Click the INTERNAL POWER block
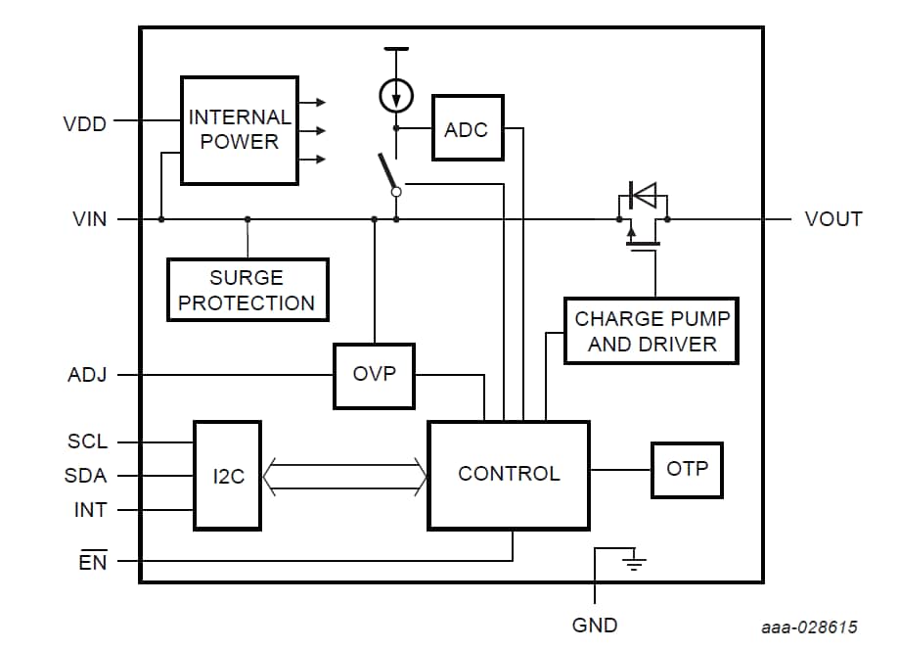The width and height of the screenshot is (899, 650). click(240, 130)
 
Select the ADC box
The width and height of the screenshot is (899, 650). click(468, 128)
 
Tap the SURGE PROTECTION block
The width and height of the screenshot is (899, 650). click(247, 290)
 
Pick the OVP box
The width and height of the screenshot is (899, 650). click(374, 376)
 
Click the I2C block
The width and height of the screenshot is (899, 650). click(227, 476)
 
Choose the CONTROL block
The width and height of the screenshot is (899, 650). click(509, 475)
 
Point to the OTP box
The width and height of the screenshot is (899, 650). click(687, 470)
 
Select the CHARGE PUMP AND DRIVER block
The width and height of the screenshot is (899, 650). click(652, 331)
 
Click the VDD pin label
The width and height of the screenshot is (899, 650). click(84, 124)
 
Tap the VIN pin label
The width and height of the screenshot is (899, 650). click(90, 219)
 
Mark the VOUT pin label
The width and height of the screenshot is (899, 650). click(833, 219)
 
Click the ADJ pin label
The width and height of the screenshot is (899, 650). click(87, 375)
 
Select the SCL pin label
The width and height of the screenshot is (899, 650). click(87, 441)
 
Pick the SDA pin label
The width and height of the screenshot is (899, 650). click(87, 476)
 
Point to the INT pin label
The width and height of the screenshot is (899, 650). click(90, 510)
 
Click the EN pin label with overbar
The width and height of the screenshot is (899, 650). click(93, 562)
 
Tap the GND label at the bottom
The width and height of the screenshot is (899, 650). click(595, 625)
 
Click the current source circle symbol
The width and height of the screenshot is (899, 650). click(396, 96)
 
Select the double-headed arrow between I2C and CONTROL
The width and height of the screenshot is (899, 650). click(344, 476)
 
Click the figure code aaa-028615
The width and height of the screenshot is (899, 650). click(810, 627)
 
